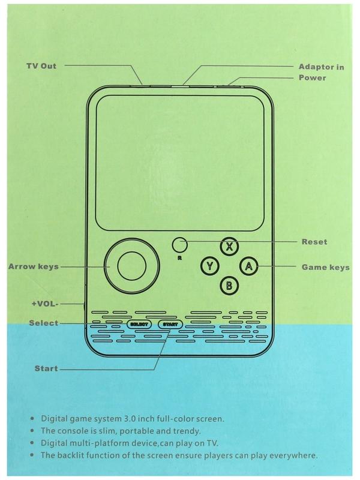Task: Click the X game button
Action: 229,247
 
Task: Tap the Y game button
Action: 209,266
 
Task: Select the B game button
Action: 229,286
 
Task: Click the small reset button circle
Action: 179,245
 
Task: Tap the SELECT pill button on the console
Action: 139,325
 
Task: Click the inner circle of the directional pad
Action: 131,266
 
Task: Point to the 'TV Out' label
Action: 41,66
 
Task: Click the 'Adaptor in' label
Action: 321,67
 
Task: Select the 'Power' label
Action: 312,77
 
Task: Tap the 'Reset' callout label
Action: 314,242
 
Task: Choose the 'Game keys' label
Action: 325,267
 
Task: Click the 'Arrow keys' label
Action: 34,266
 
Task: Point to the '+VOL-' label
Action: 44,304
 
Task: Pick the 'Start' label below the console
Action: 46,368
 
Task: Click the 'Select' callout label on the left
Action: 43,323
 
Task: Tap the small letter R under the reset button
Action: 179,258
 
